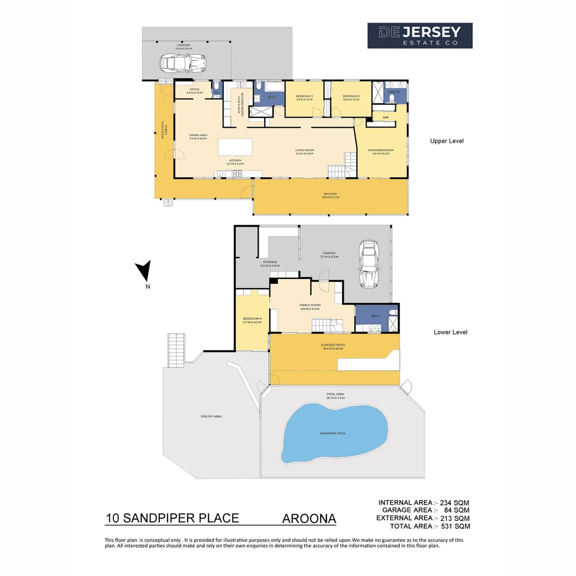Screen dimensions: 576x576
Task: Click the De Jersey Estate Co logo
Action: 420,36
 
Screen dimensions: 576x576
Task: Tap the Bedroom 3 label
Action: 304,97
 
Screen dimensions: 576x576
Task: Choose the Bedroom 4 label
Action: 252,320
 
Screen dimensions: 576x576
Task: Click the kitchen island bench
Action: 235,146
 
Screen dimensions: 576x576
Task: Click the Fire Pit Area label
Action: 211,416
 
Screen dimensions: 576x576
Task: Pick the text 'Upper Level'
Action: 447,141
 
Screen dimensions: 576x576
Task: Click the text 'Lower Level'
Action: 450,332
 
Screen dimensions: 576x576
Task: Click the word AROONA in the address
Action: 309,518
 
